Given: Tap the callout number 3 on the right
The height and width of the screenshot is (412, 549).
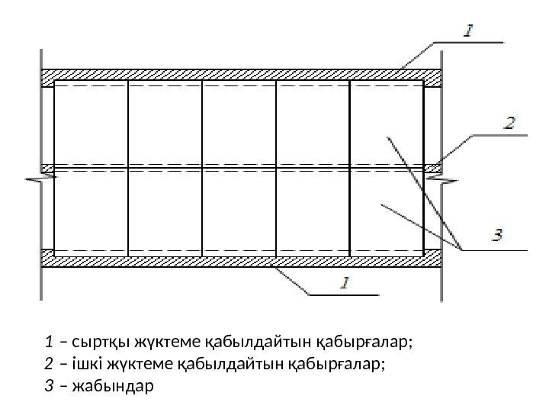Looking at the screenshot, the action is click(497, 237).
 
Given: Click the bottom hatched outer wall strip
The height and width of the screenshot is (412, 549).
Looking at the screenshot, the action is click(240, 261).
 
